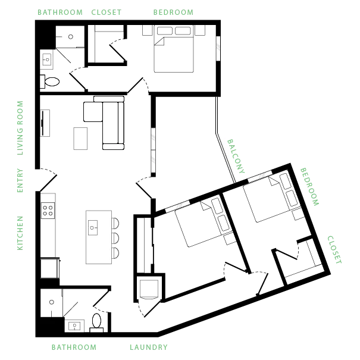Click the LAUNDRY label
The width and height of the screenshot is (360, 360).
coord(149,347)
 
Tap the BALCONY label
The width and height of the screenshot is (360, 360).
coord(236,156)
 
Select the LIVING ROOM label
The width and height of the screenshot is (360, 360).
coord(20,128)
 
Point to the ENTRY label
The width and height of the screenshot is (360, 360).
coord(20,180)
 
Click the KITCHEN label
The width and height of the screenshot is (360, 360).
coord(20,233)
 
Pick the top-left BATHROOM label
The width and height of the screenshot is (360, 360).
coord(60,12)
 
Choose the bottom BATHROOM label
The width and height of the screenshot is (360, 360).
coord(74,347)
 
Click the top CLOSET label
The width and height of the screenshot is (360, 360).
coord(106,12)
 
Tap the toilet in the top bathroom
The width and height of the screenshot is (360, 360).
coord(50,82)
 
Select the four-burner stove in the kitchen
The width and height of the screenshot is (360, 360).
coord(48,211)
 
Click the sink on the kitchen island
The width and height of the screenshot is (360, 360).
coord(93,228)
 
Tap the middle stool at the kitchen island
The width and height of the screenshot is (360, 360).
coord(115,238)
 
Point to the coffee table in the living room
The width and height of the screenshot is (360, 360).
coord(80,139)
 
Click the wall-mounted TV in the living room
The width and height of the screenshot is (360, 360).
coord(43,123)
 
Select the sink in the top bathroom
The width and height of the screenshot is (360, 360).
coord(47,60)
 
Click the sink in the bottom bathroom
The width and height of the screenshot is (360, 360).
coord(74,325)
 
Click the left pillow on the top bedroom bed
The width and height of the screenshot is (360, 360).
coord(165,31)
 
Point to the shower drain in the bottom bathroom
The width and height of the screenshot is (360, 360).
coord(52,302)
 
